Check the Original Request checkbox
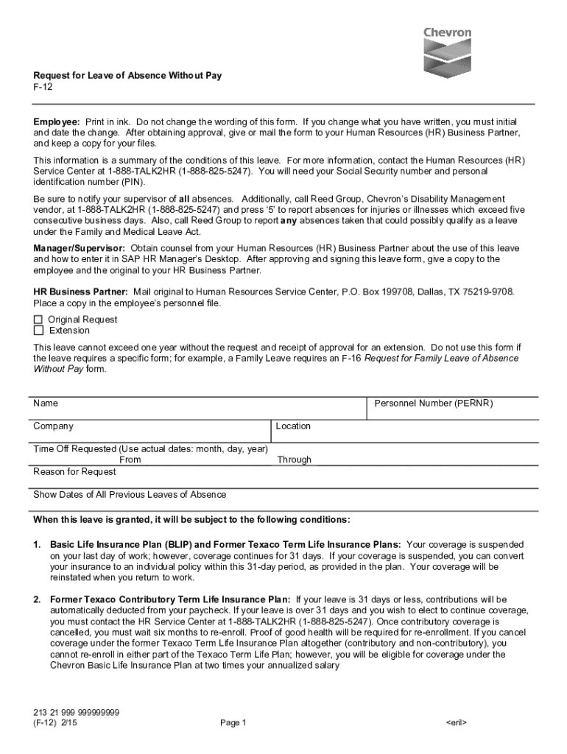[38, 320]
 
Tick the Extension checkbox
[38, 331]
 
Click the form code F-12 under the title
[43, 87]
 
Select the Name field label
[46, 404]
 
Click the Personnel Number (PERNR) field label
[433, 404]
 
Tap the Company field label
[53, 426]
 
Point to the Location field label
[293, 426]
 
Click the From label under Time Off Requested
[130, 459]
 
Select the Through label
[294, 459]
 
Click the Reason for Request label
[74, 471]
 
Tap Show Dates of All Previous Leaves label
[130, 495]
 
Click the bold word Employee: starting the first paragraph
[57, 121]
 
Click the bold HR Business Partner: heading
[80, 292]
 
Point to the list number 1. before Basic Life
[37, 544]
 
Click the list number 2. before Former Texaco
[37, 600]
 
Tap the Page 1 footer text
[233, 723]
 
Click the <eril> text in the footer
[457, 723]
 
